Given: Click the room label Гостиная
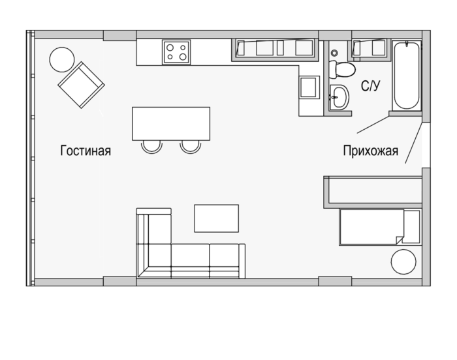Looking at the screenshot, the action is click(x=86, y=151).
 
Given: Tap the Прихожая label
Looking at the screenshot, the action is click(x=370, y=151).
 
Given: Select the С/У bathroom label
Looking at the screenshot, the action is click(x=370, y=86).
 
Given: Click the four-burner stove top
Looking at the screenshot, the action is click(x=176, y=52).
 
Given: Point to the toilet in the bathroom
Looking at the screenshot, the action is click(x=342, y=69).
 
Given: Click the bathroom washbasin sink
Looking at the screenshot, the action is click(x=339, y=98).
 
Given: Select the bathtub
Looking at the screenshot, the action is click(x=407, y=76).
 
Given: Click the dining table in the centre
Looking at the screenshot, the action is click(x=171, y=124).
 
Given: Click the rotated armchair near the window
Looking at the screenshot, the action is click(x=82, y=85).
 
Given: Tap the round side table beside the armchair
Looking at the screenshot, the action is click(x=62, y=59).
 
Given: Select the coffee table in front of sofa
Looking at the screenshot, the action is click(x=217, y=218).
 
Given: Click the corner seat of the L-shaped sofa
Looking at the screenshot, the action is click(x=154, y=261).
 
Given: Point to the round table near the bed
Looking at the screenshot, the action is click(x=403, y=262).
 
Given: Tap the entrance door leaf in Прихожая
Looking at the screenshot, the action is click(x=413, y=143).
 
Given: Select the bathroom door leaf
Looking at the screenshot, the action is click(x=373, y=125).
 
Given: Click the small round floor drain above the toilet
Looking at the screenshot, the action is click(x=334, y=53).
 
